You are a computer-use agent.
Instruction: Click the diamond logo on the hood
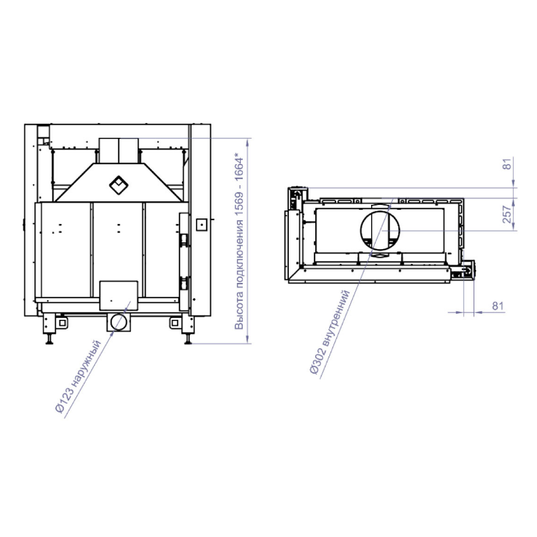tap(119, 185)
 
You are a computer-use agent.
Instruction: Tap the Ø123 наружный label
tap(79, 376)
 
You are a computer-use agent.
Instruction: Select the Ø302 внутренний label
tap(330, 332)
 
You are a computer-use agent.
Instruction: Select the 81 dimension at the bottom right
tap(498, 306)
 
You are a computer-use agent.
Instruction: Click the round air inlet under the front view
tap(119, 322)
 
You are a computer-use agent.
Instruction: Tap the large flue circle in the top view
tap(380, 231)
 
